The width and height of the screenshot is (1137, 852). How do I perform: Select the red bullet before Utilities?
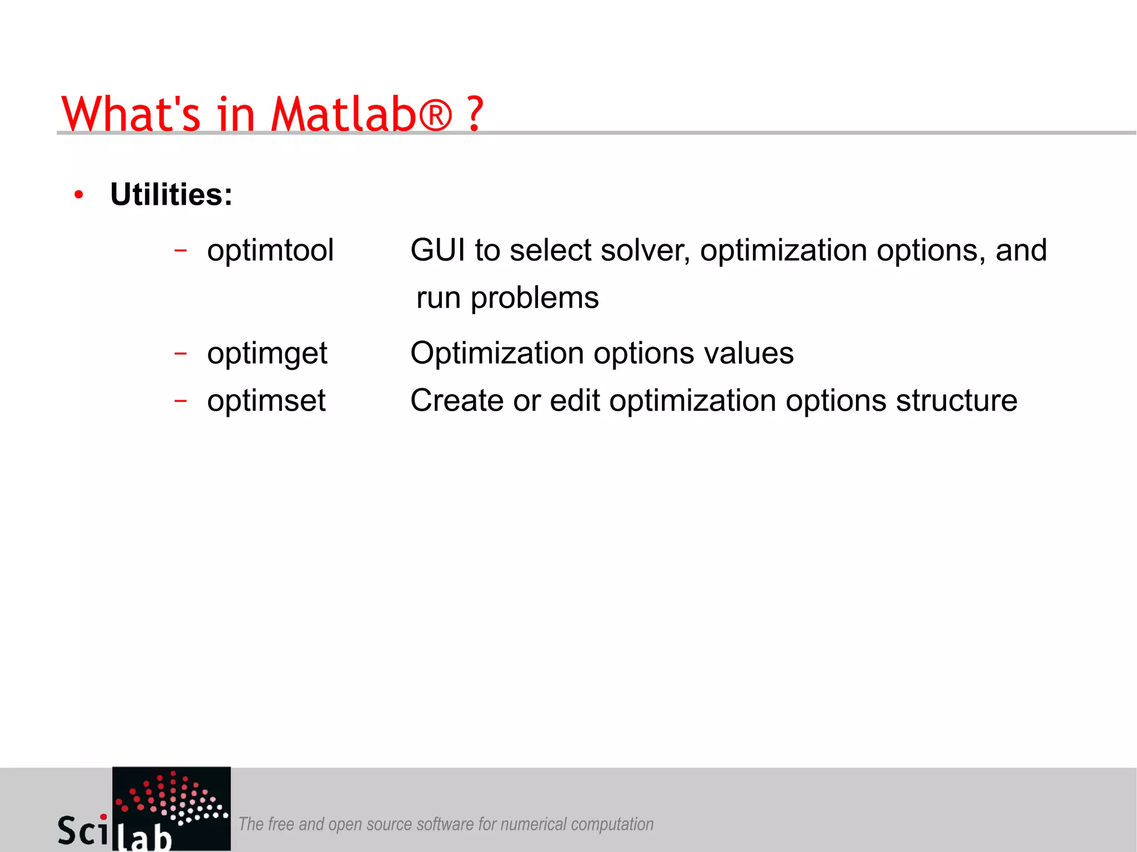pyautogui.click(x=79, y=195)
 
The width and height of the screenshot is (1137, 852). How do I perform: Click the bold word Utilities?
pyautogui.click(x=171, y=195)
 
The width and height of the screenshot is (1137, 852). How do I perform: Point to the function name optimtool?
pyautogui.click(x=270, y=250)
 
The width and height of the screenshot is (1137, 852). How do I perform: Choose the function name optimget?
pyautogui.click(x=267, y=354)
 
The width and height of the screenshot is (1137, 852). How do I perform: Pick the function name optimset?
pyautogui.click(x=266, y=401)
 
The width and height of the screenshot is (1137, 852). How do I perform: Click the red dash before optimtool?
pyautogui.click(x=180, y=250)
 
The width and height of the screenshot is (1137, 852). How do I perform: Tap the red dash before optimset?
pyautogui.click(x=180, y=400)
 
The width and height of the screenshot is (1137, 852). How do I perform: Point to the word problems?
pyautogui.click(x=535, y=298)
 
